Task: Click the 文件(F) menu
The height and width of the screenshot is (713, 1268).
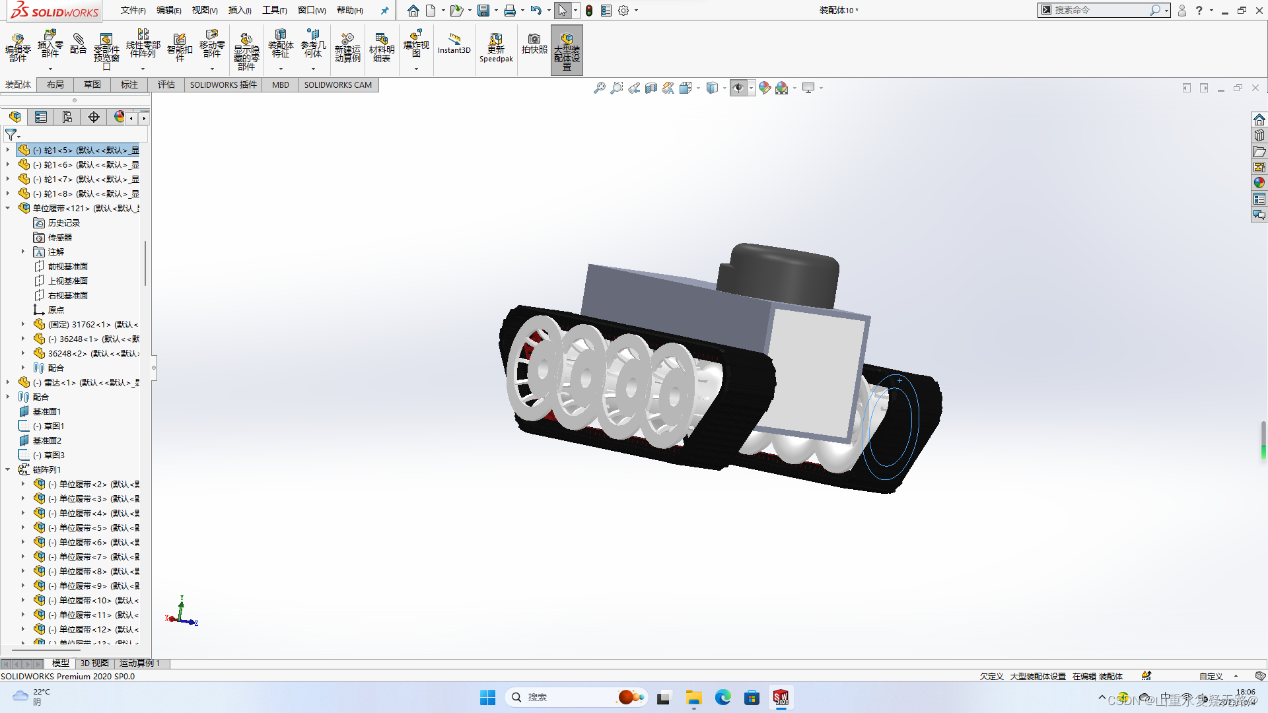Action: (133, 10)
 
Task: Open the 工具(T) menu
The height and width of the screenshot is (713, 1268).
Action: (274, 10)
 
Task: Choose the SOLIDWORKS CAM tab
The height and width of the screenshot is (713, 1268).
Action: (337, 85)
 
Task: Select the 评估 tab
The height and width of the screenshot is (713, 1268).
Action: (166, 85)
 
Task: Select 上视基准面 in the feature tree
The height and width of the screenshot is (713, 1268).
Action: (67, 281)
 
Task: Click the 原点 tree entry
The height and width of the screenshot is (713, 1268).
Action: (55, 310)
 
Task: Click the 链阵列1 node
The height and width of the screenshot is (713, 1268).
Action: (47, 469)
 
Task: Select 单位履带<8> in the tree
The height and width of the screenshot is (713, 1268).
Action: (82, 571)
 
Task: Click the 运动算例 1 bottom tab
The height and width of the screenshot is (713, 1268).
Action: (139, 663)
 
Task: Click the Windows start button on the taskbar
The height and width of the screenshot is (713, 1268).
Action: (487, 697)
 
